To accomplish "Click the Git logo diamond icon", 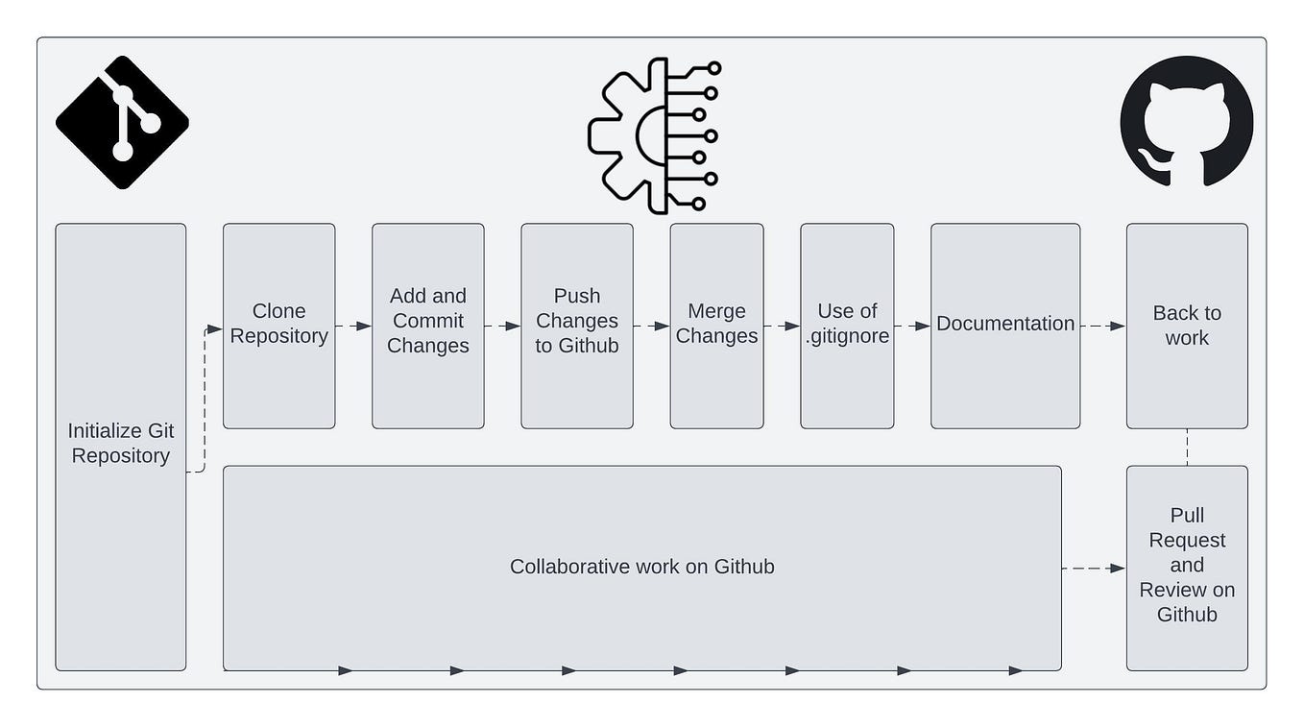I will (122, 122).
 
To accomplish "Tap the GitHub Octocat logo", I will (1186, 121).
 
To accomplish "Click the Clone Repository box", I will (278, 325).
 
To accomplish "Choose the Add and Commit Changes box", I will (427, 325).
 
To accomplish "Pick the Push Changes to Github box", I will (576, 325).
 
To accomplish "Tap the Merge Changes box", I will (716, 325).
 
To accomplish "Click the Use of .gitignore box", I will (847, 325).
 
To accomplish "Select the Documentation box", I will (1004, 325).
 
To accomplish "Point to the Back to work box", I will (1187, 325).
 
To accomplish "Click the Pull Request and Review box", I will (1187, 567).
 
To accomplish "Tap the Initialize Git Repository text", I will (121, 444).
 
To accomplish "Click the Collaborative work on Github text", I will (641, 567).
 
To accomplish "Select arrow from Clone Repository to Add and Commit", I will (353, 327).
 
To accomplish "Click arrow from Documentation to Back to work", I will (1102, 327).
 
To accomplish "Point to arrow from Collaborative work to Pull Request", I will (1094, 569).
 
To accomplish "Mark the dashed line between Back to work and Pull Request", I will (1187, 448).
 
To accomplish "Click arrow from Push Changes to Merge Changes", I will (651, 327).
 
